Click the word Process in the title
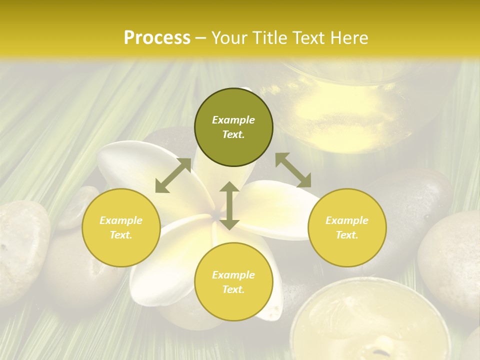[x=157, y=38]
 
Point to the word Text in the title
[x=310, y=38]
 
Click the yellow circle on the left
[x=121, y=227]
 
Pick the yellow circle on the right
[x=347, y=227]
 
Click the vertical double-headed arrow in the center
[x=229, y=205]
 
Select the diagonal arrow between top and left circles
[x=173, y=175]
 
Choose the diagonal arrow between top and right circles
[x=293, y=170]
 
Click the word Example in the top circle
[x=233, y=120]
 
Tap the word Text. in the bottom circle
[x=233, y=289]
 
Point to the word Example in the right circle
[x=347, y=220]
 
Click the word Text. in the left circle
[x=121, y=235]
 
